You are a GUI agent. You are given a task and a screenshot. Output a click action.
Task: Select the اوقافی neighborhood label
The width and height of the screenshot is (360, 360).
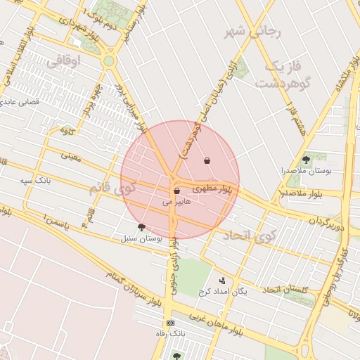point(64,62)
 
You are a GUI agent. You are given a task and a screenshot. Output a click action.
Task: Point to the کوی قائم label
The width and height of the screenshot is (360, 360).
point(112,188)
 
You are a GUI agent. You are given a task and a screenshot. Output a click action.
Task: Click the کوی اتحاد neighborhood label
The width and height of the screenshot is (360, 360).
point(249,236)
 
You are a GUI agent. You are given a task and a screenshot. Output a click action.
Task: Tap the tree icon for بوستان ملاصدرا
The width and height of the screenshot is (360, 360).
point(305,160)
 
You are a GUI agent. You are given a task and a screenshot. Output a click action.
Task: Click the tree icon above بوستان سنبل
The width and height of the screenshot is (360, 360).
point(142,227)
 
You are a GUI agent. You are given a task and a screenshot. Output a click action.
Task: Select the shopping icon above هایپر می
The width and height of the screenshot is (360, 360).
point(176,191)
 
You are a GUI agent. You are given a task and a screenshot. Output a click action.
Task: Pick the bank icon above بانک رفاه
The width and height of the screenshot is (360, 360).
point(170,323)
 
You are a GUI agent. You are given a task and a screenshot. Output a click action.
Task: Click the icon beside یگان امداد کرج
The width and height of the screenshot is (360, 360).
point(223,281)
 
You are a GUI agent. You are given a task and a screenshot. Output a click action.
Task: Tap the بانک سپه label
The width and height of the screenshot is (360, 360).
point(35,181)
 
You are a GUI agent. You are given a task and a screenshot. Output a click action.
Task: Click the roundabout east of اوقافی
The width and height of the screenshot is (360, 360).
point(108,61)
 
